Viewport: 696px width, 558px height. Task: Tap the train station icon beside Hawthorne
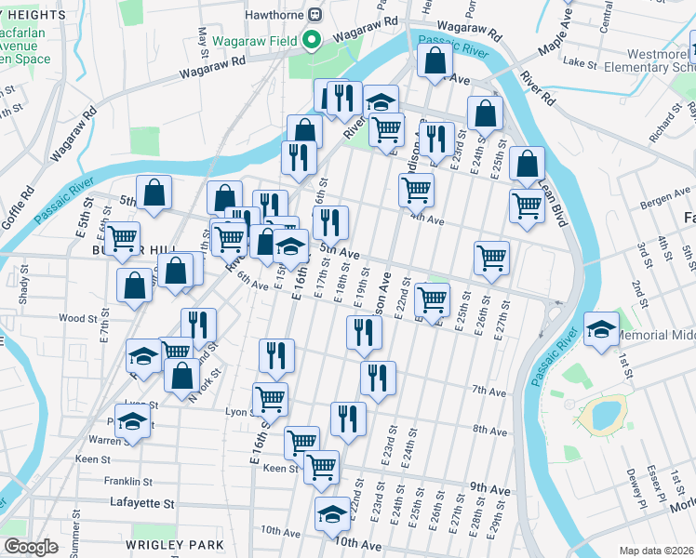pyautogui.click(x=315, y=14)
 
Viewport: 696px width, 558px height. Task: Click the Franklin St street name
pyautogui.click(x=127, y=482)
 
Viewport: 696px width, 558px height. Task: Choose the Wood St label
pyautogui.click(x=77, y=318)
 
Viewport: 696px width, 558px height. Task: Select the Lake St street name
pyautogui.click(x=581, y=63)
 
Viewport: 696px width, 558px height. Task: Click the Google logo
pyautogui.click(x=31, y=547)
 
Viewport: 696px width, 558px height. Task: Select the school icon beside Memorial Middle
pyautogui.click(x=601, y=329)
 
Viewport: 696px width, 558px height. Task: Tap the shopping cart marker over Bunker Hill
pyautogui.click(x=122, y=238)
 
